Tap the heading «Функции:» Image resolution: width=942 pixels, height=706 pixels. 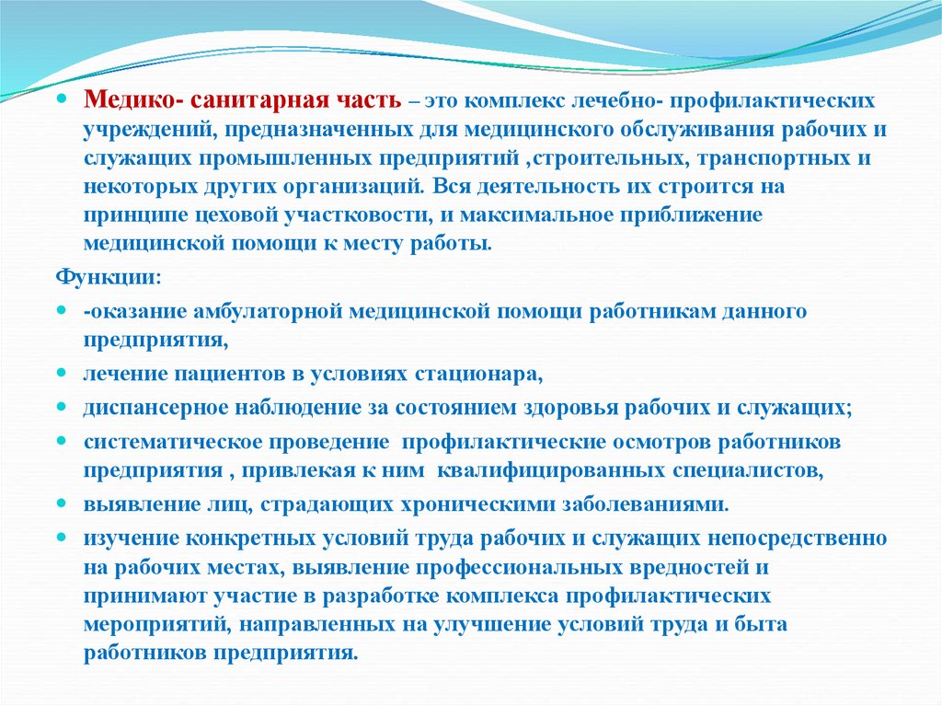(109, 278)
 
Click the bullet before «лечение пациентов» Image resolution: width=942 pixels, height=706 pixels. (62, 374)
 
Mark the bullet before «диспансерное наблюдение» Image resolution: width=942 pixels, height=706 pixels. (62, 407)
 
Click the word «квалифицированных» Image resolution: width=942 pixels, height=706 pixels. (551, 470)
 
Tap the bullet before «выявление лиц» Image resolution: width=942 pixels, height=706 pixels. (62, 503)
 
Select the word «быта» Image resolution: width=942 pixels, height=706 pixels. (761, 623)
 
